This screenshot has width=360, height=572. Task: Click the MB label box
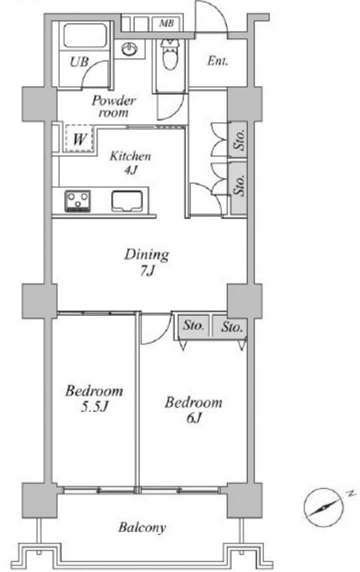(167, 24)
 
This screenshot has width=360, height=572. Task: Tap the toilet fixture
(169, 54)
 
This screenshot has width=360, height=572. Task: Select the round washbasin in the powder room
(129, 49)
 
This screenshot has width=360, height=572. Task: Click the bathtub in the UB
(85, 35)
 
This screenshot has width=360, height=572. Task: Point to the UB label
(79, 62)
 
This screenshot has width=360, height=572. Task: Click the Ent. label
(218, 60)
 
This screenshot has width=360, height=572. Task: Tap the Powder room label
(113, 106)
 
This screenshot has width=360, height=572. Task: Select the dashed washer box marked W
(79, 138)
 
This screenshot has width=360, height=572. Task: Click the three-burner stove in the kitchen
(78, 201)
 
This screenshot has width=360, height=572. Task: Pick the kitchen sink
(127, 201)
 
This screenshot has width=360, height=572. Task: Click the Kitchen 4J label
(130, 162)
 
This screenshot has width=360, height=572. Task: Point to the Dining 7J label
(147, 262)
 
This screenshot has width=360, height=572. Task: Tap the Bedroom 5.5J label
(94, 398)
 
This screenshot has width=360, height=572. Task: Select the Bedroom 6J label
(194, 409)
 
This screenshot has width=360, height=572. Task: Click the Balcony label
(142, 527)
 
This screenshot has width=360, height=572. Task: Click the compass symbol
(324, 507)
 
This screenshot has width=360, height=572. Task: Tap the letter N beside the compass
(351, 494)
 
